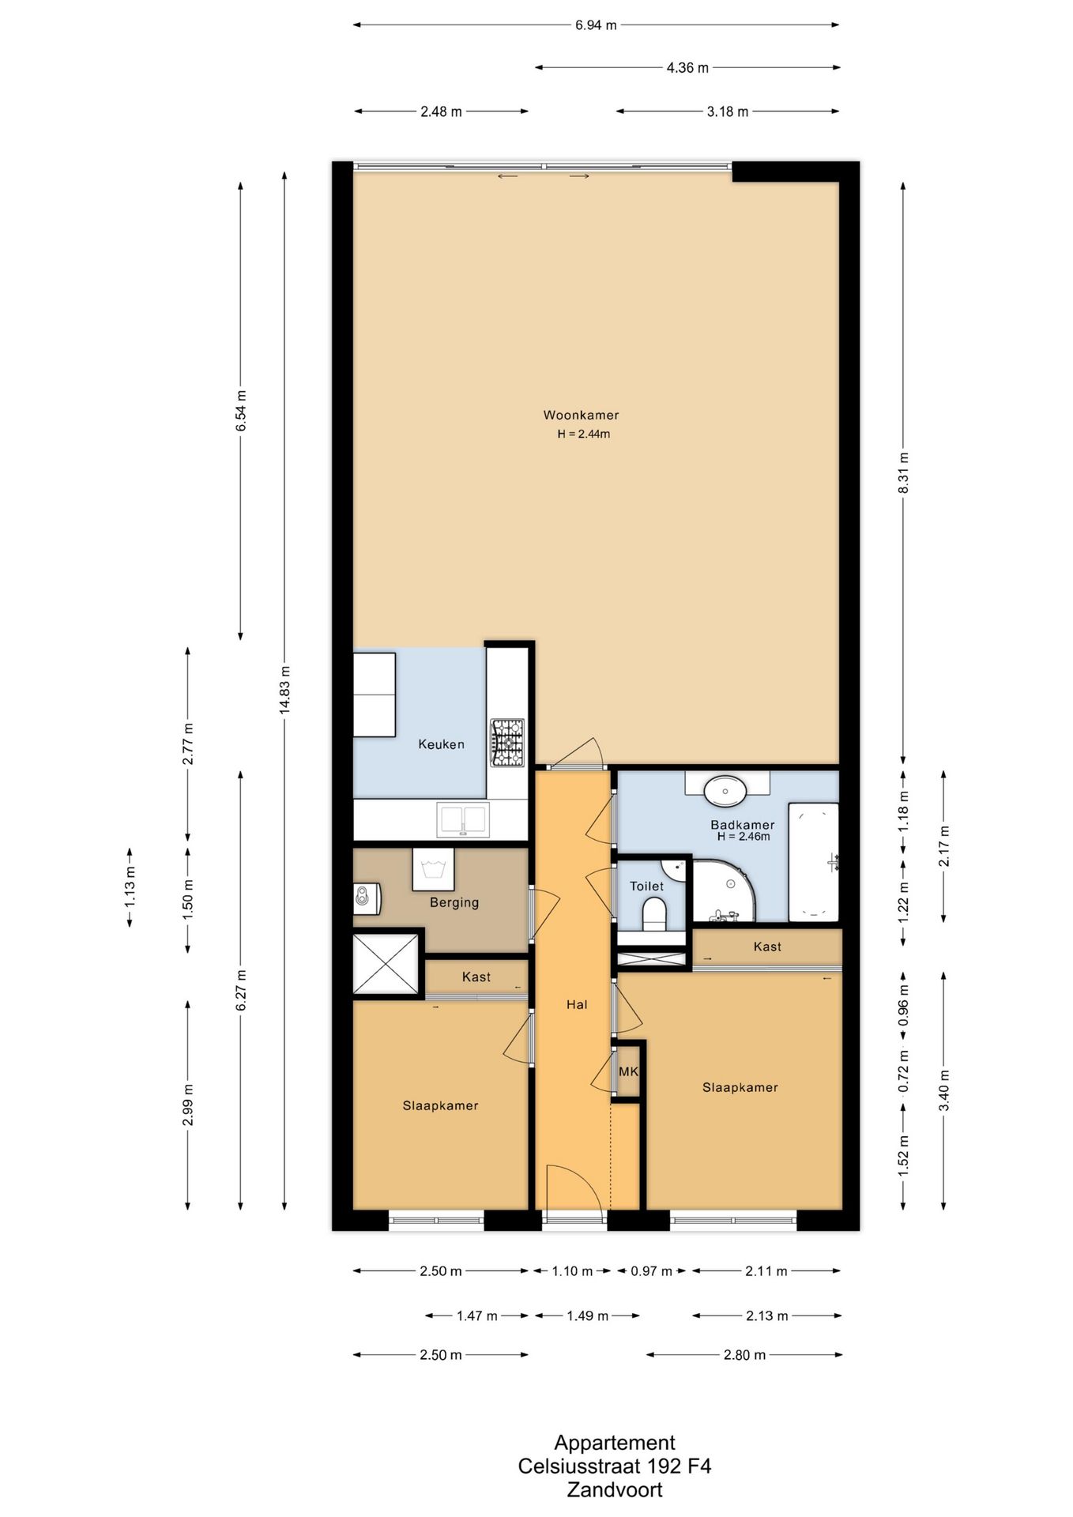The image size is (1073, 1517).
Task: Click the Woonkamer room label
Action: click(581, 415)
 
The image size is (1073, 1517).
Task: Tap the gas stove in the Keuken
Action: click(507, 742)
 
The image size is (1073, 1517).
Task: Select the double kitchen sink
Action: click(463, 819)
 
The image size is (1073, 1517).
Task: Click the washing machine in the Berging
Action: click(433, 869)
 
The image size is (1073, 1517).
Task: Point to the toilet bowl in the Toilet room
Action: click(655, 916)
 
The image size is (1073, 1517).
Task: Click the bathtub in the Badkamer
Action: click(813, 862)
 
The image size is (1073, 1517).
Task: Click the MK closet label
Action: click(628, 1072)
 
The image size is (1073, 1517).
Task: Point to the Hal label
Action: click(577, 1005)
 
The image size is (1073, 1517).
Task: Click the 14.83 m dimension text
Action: click(284, 690)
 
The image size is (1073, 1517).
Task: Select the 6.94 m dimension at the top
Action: click(596, 25)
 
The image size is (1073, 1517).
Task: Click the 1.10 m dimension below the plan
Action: click(572, 1271)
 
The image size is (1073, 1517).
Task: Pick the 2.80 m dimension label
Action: click(744, 1355)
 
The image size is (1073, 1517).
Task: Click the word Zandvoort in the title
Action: click(615, 1490)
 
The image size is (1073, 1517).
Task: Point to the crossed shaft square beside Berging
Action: click(385, 964)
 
